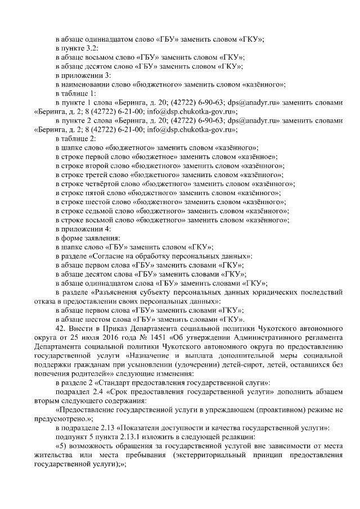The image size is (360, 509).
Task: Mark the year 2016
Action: pos(103,336)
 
